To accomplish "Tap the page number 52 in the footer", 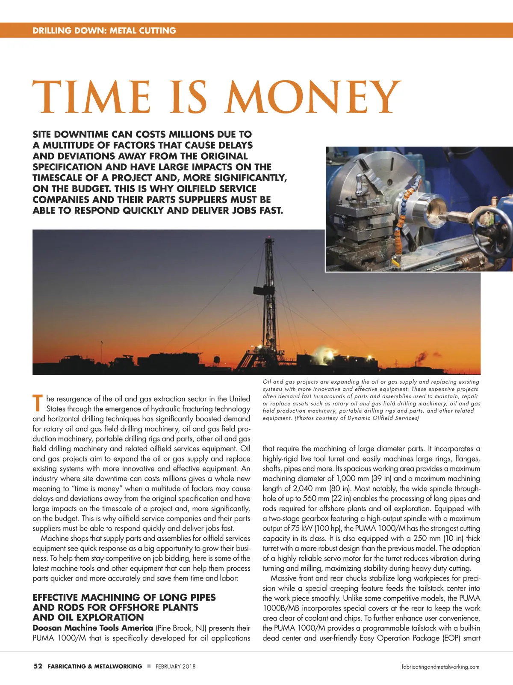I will click(x=38, y=666).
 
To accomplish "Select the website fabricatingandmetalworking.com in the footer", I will click(x=440, y=667).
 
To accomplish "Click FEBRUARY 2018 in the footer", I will click(x=175, y=667).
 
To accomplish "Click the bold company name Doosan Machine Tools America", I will click(x=93, y=628).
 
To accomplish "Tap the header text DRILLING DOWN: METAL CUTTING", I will click(x=104, y=30).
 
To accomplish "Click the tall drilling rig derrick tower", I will click(x=269, y=295).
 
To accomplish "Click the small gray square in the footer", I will click(x=149, y=666).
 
